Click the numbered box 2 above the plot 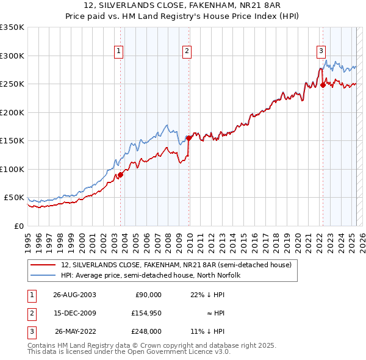pos(186,51)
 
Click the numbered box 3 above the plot pos(320,51)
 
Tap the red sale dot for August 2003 pos(121,175)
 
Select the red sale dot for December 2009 pos(189,138)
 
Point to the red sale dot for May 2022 pos(323,85)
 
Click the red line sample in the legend pos(43,265)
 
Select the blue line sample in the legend pos(43,275)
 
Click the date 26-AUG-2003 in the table pos(74,294)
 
